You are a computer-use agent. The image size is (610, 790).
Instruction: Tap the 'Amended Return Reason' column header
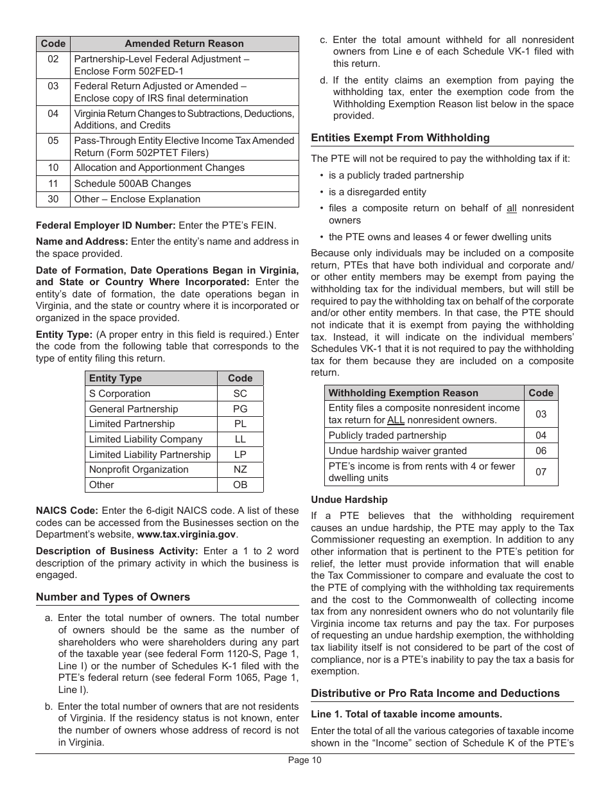click(184, 44)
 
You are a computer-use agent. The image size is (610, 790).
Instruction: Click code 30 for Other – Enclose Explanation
click(53, 199)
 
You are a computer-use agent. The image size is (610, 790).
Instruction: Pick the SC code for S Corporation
click(240, 394)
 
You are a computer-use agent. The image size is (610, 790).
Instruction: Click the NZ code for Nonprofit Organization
click(240, 470)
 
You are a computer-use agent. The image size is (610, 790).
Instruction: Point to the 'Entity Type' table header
click(116, 378)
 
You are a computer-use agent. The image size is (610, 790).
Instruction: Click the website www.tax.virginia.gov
click(187, 534)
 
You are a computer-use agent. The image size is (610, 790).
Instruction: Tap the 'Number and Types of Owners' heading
click(113, 597)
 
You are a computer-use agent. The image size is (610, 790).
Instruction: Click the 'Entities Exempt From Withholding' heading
click(400, 137)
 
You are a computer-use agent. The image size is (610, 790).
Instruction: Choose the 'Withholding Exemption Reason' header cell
click(403, 393)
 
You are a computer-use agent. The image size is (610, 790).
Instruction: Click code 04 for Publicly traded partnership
click(541, 435)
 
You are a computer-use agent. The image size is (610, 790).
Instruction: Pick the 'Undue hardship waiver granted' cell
click(397, 451)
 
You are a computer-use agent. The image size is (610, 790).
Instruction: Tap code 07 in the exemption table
click(541, 472)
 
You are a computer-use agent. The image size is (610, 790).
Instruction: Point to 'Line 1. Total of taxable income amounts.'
click(406, 714)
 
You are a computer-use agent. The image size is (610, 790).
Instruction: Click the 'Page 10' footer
click(304, 760)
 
